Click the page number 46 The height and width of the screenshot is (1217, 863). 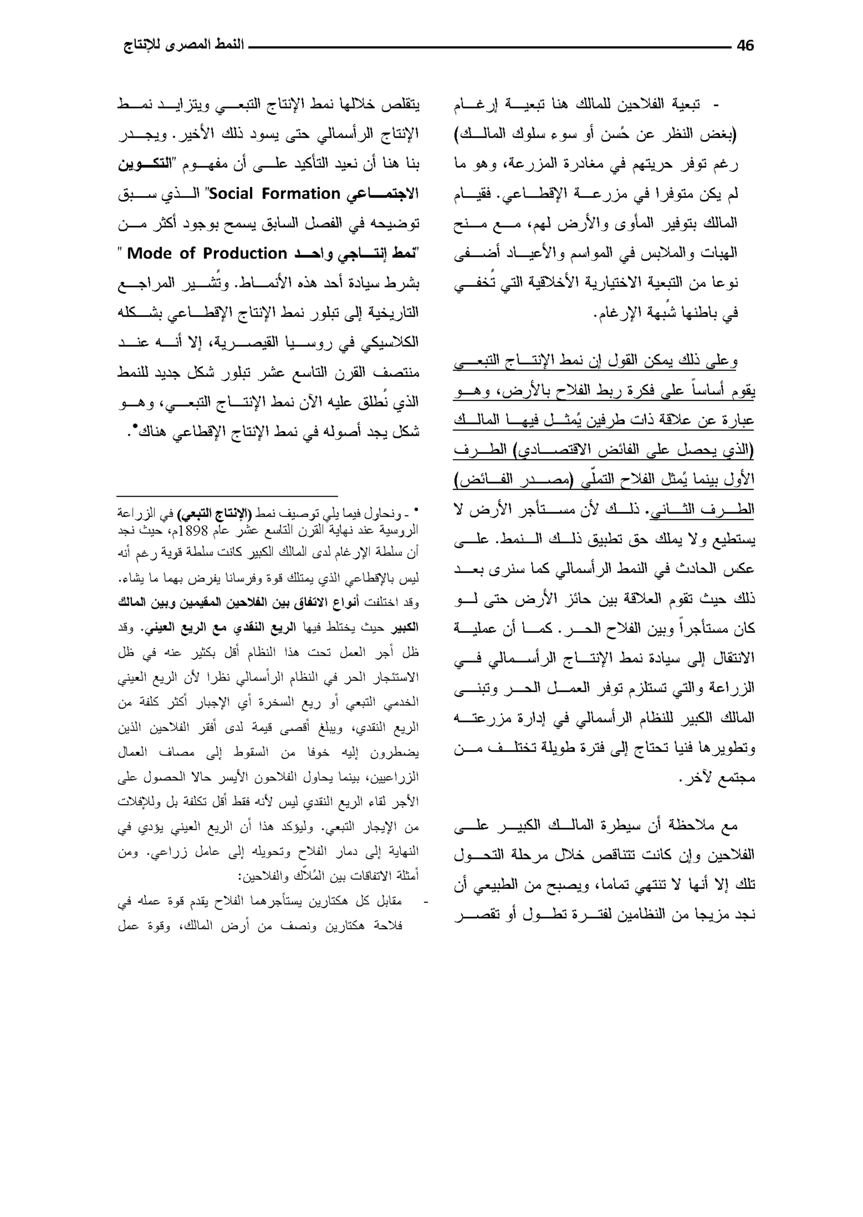pos(745,46)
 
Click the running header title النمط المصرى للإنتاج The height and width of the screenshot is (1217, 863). pos(183,45)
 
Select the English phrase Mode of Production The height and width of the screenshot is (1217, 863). pos(207,253)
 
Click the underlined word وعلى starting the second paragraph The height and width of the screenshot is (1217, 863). pos(721,361)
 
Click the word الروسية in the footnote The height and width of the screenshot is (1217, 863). pos(401,530)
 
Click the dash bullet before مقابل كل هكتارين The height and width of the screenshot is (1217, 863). pos(425,901)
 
